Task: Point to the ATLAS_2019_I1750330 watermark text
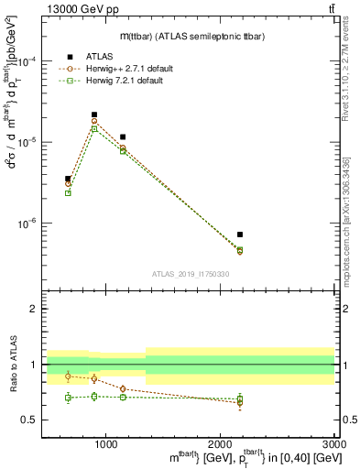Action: coord(190,274)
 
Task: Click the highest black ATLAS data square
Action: coord(94,115)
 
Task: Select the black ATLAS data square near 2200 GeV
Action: coord(240,234)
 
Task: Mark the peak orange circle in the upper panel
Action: coord(94,122)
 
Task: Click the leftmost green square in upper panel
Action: coord(68,192)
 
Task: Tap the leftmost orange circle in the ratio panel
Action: coord(68,376)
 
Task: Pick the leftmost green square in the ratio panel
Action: coord(68,398)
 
